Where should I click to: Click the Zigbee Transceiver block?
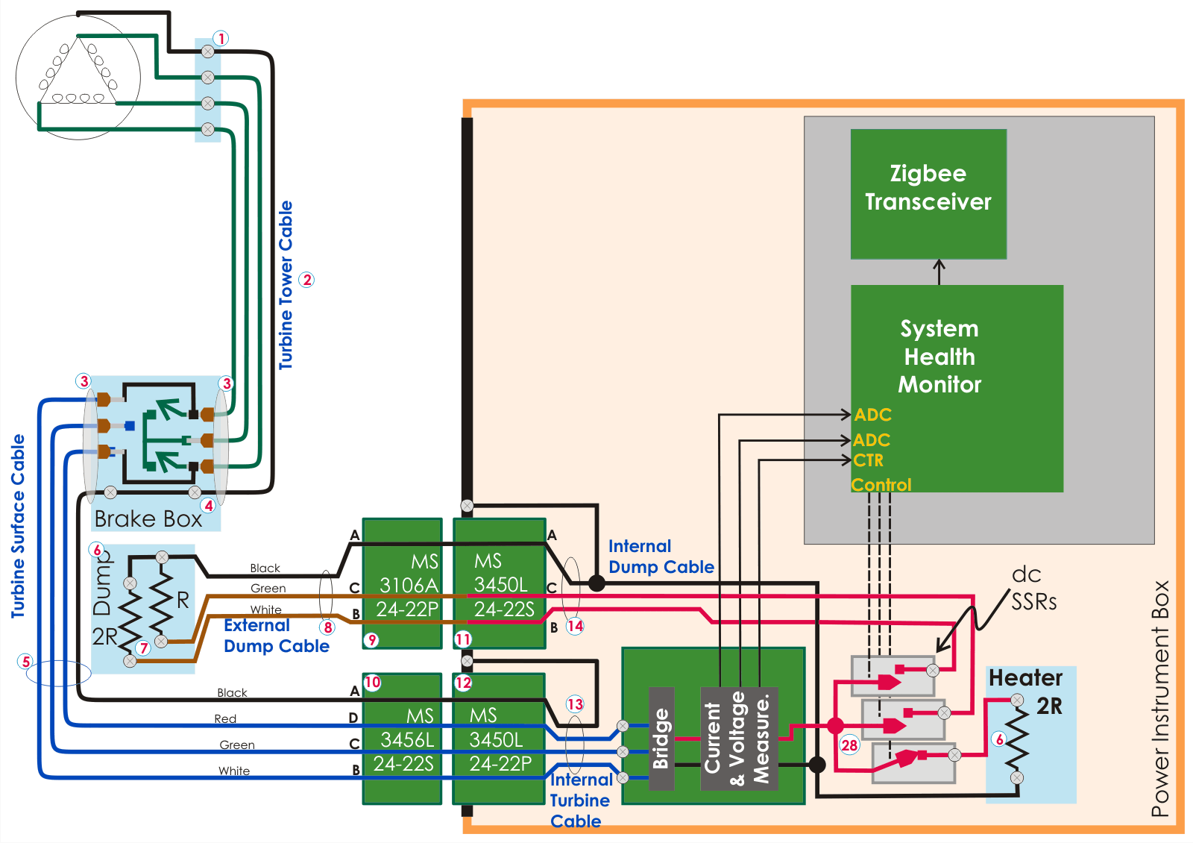928,194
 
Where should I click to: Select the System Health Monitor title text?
939,357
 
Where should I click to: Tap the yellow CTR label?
869,460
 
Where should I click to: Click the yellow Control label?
881,485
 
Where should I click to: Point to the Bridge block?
661,739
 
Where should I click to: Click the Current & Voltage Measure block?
739,739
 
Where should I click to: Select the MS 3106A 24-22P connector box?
403,584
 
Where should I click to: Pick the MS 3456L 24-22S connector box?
403,739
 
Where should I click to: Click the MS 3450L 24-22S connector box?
500,584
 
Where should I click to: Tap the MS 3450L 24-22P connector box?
498,739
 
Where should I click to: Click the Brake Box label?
148,518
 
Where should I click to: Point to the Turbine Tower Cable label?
286,285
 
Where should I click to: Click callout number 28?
849,745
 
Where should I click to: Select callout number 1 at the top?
221,38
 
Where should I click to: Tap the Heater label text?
1025,677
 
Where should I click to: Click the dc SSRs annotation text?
1033,588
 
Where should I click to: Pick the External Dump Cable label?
276,636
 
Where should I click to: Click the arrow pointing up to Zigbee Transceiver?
939,272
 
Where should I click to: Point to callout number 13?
575,704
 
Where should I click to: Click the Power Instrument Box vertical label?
1160,698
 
